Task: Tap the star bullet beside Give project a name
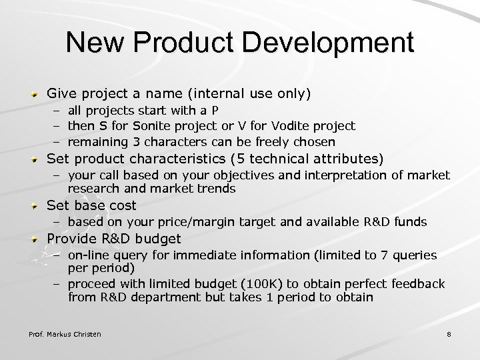35,95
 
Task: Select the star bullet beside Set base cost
35,206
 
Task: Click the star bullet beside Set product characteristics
35,159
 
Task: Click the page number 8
449,333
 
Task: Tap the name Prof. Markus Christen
65,333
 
